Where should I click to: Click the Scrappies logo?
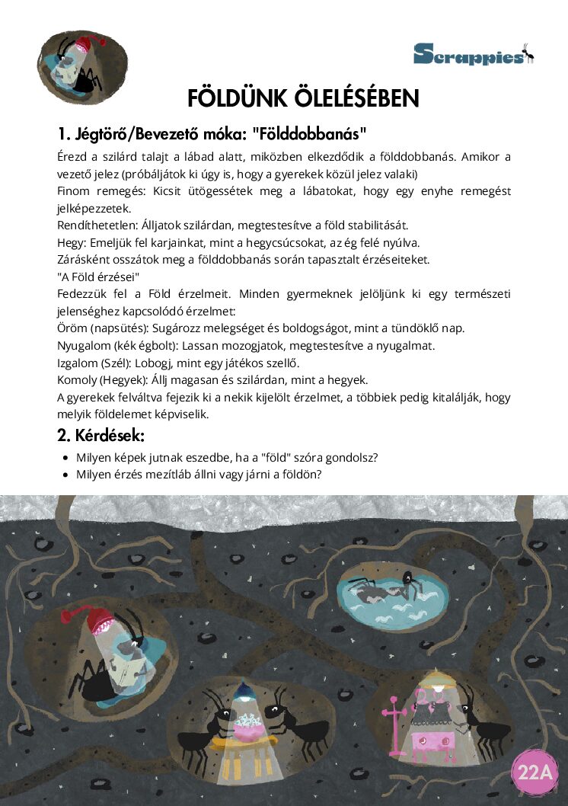pyautogui.click(x=473, y=53)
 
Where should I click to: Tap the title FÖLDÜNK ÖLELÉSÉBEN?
pyautogui.click(x=303, y=98)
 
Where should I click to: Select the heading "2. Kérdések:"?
pyautogui.click(x=101, y=436)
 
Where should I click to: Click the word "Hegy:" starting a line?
pyautogui.click(x=72, y=242)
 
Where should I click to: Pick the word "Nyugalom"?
pyautogui.click(x=83, y=345)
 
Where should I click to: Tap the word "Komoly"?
pyautogui.click(x=78, y=379)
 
